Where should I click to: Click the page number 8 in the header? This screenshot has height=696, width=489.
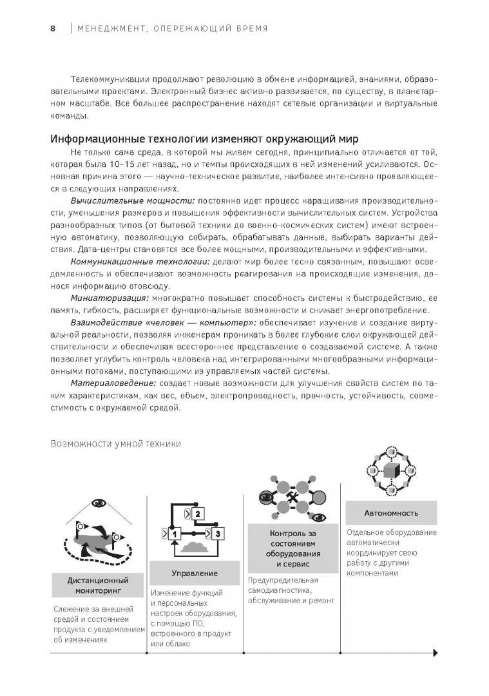click(52, 28)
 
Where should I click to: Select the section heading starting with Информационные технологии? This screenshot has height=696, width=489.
click(204, 139)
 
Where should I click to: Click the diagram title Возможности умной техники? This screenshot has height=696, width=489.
click(115, 443)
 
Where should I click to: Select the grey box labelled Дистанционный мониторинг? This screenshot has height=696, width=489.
click(98, 585)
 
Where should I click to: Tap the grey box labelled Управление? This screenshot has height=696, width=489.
click(195, 573)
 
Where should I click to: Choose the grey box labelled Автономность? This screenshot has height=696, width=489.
click(391, 513)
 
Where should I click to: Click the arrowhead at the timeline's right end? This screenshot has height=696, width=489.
click(436, 652)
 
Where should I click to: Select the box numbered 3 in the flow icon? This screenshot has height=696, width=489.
click(218, 534)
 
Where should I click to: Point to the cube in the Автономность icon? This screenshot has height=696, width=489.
click(390, 469)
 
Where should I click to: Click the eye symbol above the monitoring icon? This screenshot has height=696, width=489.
click(99, 503)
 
